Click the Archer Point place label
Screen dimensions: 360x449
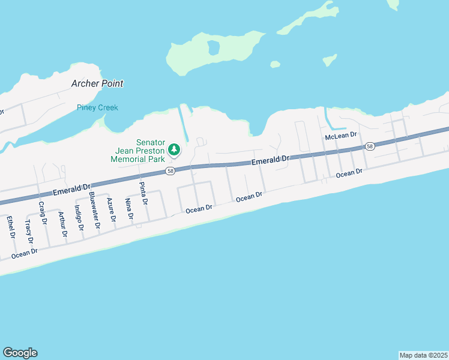(97, 83)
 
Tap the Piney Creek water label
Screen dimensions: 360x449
(97, 107)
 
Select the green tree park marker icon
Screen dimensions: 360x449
(173, 149)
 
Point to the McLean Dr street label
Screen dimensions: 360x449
(341, 137)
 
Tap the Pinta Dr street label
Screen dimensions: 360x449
(143, 193)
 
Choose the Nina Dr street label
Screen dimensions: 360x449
(128, 209)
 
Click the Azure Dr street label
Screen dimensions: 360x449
(112, 209)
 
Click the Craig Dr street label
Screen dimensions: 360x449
(42, 212)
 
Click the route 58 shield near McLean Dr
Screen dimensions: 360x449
(369, 146)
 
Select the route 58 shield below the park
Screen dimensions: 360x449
(170, 172)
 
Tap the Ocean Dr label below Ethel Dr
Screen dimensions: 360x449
(24, 254)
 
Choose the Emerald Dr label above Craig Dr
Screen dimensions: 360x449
(71, 190)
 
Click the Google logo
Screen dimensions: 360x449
(20, 353)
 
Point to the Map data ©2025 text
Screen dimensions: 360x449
(423, 355)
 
